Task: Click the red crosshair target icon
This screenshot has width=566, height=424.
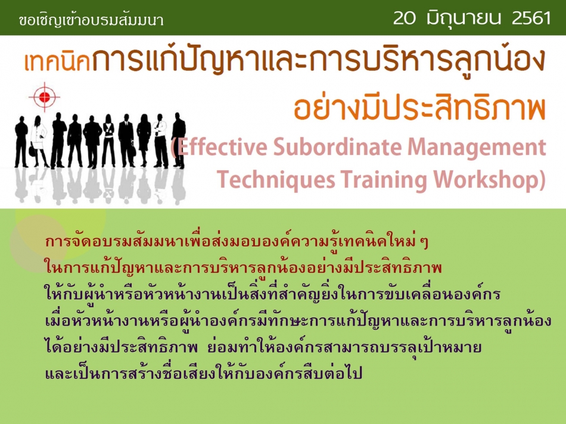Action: point(44,96)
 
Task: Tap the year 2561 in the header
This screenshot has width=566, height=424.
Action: point(531,18)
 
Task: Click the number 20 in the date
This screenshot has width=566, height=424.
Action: point(405,18)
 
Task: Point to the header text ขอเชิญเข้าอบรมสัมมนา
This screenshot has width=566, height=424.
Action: point(91,20)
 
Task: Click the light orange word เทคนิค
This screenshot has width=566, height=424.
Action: point(57,62)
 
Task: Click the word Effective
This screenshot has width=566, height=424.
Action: point(222,147)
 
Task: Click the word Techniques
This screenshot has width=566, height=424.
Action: point(276,179)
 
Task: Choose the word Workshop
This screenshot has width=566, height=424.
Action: point(486,179)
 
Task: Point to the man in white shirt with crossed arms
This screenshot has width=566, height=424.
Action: point(160,141)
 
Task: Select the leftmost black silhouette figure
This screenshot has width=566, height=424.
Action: point(21,142)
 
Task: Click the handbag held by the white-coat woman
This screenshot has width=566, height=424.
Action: point(33,151)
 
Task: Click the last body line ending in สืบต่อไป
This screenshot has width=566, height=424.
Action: point(204,372)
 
